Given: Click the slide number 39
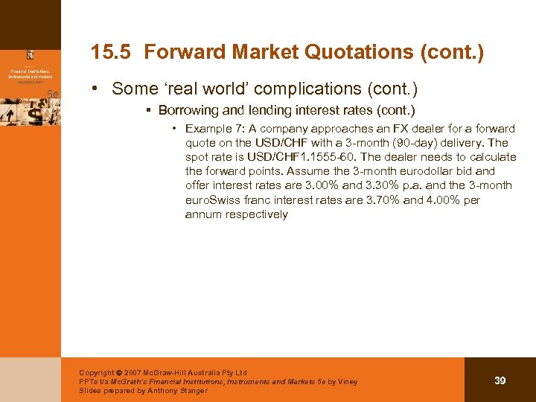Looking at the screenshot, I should [x=500, y=380].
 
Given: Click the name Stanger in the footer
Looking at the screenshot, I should [x=194, y=391].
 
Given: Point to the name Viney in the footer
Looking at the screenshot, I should [x=345, y=382].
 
